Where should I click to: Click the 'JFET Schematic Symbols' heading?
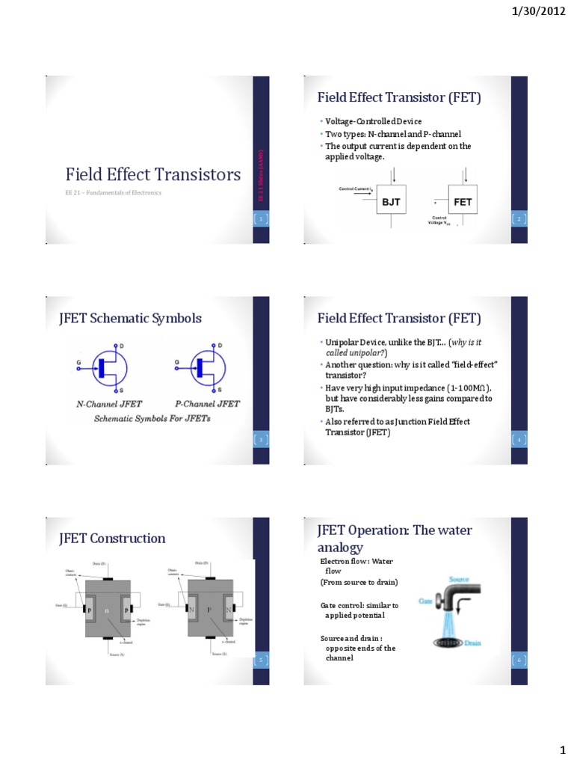tap(130, 318)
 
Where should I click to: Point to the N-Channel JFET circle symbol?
tap(106, 367)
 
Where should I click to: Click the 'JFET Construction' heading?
tap(112, 538)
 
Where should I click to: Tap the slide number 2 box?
tap(518, 218)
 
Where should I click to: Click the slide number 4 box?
tap(518, 439)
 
